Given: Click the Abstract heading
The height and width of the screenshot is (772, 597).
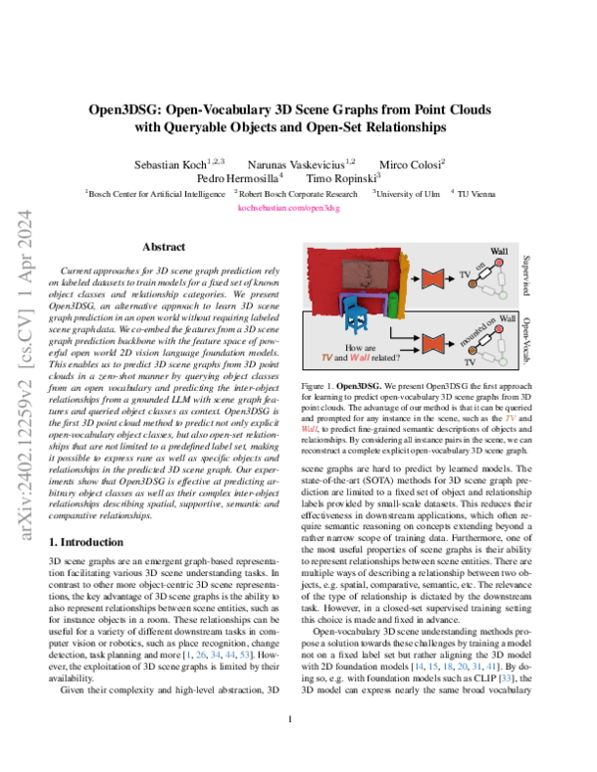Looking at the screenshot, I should (x=163, y=246).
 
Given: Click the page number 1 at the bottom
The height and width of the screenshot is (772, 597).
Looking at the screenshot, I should (x=298, y=747).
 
